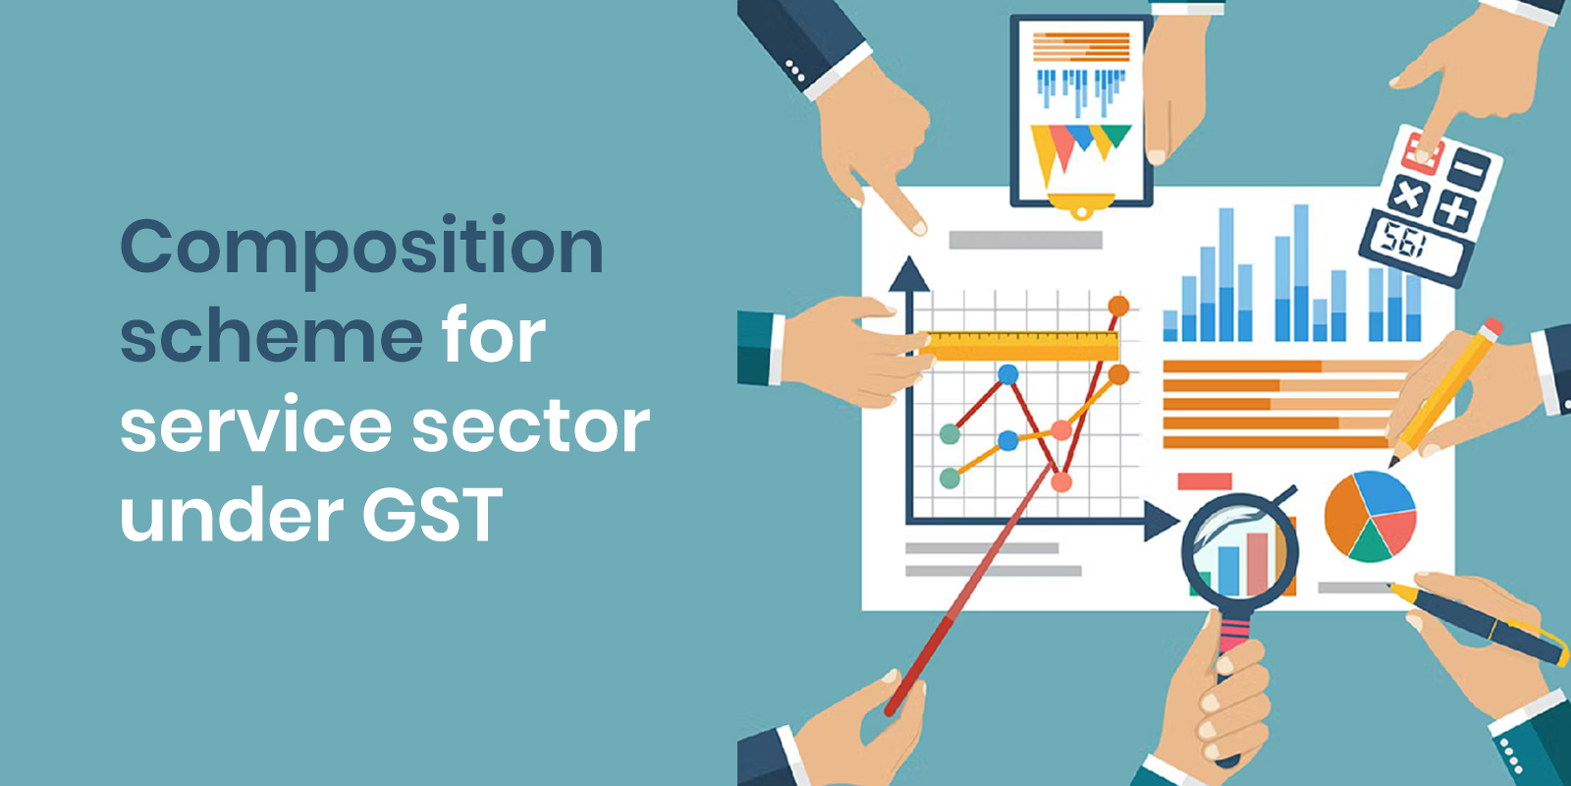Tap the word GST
pos(432,515)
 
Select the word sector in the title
pos(530,426)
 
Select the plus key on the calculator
pos(1454,210)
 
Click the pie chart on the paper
pos(1370,516)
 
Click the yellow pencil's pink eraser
pos(1492,327)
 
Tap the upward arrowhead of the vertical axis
pos(909,274)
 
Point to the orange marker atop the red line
pos(1118,306)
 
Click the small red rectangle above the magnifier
pos(1204,480)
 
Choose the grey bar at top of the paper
pos(1025,240)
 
